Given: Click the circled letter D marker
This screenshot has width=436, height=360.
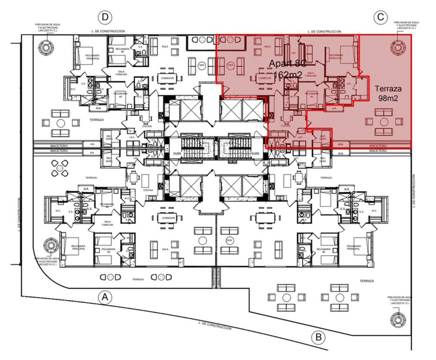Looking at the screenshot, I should (105, 17).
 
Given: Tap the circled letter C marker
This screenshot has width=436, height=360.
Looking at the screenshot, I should (381, 17).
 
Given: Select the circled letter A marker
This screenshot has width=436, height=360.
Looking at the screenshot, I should (105, 297).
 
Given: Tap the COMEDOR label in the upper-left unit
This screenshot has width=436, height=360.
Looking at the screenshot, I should (168, 79).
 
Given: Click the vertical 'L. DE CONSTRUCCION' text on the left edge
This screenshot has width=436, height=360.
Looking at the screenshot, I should (19, 213).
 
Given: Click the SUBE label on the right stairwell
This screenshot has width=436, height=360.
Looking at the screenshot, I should (255, 154).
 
